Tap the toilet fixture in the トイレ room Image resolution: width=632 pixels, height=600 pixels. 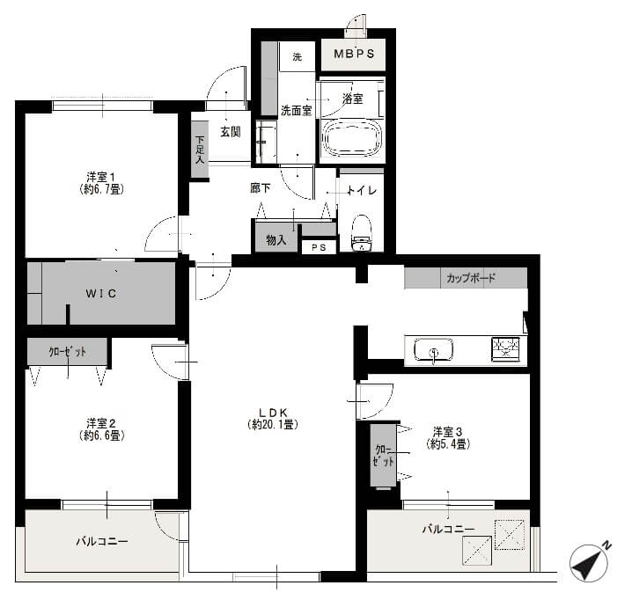pos(361,233)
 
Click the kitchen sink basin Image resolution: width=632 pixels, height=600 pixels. pos(433,350)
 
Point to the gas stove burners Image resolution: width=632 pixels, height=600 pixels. pos(505,348)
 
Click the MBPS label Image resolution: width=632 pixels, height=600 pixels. pos(354,54)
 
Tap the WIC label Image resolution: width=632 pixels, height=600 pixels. pos(100,293)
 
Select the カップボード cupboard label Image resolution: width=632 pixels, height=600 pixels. pos(471,278)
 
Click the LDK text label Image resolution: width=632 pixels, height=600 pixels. pos(273,413)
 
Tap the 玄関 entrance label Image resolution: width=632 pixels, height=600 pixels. pos(231,131)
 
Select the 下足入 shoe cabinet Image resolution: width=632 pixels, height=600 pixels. pos(200,150)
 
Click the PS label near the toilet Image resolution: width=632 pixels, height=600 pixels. pos(319,247)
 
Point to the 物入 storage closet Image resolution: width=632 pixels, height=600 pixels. pos(276,238)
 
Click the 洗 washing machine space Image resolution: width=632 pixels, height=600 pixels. pos(297,57)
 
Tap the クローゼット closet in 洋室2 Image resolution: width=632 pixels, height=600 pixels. pos(67,352)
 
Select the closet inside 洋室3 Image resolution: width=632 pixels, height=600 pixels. pos(383,455)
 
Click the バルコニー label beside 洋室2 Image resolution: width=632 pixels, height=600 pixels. pos(102,541)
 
